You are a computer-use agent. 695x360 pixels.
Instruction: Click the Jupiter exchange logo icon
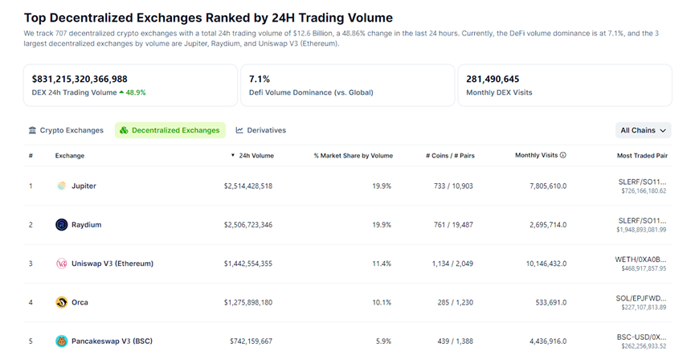point(62,186)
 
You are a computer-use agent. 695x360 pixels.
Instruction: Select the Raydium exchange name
point(85,224)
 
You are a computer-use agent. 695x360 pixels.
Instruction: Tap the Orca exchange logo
point(62,302)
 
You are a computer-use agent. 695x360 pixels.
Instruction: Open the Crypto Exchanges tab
point(66,130)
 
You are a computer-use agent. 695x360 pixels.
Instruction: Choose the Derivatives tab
point(261,130)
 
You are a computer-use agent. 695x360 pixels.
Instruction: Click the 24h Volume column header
point(256,155)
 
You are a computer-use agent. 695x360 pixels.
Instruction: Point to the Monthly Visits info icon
point(563,155)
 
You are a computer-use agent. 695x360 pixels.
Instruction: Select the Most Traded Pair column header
point(641,155)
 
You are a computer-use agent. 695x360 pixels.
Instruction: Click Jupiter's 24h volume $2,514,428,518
point(247,186)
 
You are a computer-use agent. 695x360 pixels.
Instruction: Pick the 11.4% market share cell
point(382,264)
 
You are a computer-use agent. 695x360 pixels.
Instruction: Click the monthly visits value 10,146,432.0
point(542,264)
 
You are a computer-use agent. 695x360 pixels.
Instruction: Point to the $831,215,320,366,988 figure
point(80,79)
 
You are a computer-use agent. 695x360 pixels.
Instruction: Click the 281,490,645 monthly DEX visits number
point(493,79)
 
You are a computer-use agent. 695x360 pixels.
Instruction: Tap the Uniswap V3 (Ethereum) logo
point(62,264)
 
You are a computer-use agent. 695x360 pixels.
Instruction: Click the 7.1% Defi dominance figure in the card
point(260,79)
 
